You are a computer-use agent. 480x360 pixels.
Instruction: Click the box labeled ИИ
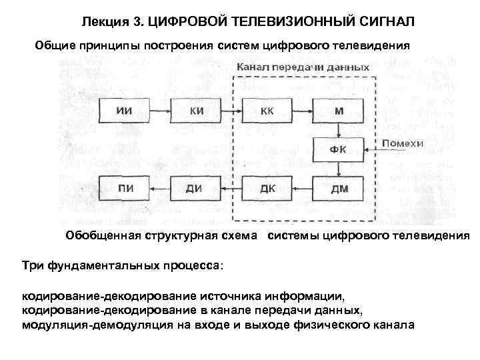123,110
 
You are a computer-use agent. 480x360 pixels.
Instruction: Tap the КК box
267,110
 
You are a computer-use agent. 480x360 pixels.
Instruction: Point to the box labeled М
339,110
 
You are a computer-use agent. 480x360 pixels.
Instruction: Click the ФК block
339,147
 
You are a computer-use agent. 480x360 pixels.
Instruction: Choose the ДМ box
339,187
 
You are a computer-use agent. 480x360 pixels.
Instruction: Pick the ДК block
267,187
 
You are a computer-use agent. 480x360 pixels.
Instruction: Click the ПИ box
123,187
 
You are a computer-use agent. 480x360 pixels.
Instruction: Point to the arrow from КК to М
303,110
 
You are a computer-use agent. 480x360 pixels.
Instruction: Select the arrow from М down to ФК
339,129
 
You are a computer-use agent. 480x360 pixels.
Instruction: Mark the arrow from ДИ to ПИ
159,187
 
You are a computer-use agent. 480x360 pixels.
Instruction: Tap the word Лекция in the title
106,22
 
